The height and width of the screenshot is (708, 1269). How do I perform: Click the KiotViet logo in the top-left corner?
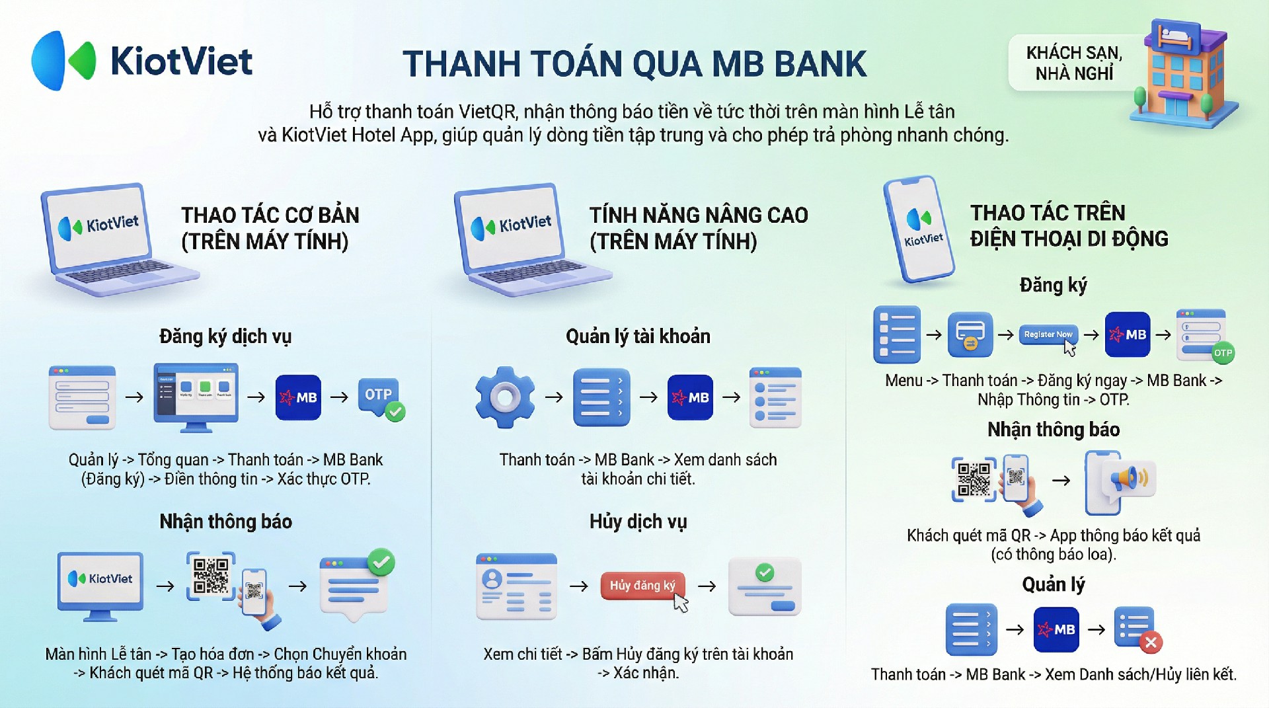[142, 61]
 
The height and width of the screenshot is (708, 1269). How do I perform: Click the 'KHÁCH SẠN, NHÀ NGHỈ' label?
[1074, 63]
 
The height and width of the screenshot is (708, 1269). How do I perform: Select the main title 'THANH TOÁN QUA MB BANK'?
[634, 63]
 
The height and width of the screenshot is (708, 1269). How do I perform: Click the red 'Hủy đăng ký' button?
[642, 586]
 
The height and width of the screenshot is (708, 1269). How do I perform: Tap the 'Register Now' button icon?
[1048, 334]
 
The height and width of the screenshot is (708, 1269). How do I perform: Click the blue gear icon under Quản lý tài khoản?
[505, 397]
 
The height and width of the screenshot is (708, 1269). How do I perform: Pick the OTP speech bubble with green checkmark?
[381, 399]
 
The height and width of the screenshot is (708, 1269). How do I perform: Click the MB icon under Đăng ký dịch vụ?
[298, 397]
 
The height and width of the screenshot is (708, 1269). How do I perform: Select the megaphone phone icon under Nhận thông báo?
[1120, 483]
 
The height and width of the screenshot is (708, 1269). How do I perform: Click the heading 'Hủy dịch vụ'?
[638, 522]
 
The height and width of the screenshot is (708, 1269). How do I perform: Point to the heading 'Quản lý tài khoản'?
[638, 336]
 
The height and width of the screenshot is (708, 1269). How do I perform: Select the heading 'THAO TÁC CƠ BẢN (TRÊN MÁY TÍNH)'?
[270, 228]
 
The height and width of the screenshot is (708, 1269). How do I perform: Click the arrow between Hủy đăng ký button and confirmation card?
[707, 586]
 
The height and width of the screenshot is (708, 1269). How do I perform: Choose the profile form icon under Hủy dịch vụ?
[516, 586]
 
